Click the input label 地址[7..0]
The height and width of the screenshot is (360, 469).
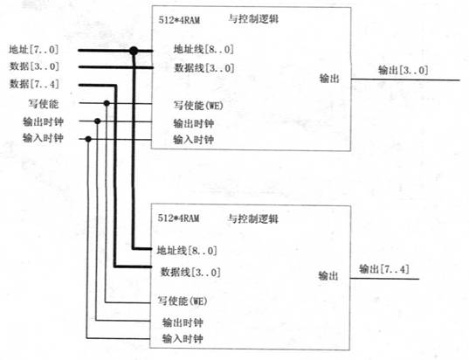pyautogui.click(x=34, y=50)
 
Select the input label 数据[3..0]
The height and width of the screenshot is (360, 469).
pyautogui.click(x=34, y=66)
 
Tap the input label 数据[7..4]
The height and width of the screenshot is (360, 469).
pyautogui.click(x=34, y=84)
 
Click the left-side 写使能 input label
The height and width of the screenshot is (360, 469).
pyautogui.click(x=44, y=104)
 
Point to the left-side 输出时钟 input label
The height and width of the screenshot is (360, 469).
pyautogui.click(x=44, y=121)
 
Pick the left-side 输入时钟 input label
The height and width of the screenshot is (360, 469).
pyautogui.click(x=43, y=138)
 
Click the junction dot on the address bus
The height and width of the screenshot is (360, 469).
pyautogui.click(x=134, y=51)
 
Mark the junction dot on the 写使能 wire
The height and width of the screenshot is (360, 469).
pyautogui.click(x=107, y=103)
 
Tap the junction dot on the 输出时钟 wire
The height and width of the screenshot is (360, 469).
pyautogui.click(x=97, y=121)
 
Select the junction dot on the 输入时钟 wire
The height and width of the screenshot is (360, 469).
pyautogui.click(x=88, y=139)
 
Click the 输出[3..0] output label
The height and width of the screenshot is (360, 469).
pyautogui.click(x=403, y=71)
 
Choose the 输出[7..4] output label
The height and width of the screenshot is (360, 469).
pyautogui.click(x=384, y=269)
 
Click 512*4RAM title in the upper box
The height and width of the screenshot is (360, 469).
pyautogui.click(x=179, y=20)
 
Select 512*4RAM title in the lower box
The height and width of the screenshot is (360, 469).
pyautogui.click(x=178, y=218)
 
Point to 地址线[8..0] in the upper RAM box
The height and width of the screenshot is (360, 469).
pyautogui.click(x=203, y=50)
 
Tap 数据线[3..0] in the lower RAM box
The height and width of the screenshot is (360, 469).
pyautogui.click(x=190, y=273)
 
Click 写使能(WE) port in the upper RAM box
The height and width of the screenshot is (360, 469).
pyautogui.click(x=198, y=106)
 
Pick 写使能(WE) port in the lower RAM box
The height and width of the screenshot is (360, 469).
pyautogui.click(x=183, y=301)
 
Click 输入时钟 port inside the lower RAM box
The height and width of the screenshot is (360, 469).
pyautogui.click(x=183, y=339)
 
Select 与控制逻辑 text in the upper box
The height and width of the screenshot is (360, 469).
pyautogui.click(x=253, y=19)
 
